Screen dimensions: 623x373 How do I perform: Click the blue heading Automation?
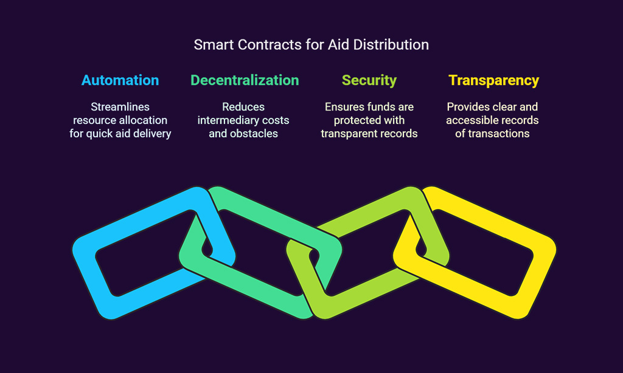coord(120,80)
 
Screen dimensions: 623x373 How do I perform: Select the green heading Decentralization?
coord(245,80)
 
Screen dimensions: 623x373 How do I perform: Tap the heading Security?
coord(369,81)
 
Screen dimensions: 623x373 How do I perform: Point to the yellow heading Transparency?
coord(493,81)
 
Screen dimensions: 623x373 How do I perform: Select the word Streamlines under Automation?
coord(120,107)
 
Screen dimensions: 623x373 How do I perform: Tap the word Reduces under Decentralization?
coord(243,107)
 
